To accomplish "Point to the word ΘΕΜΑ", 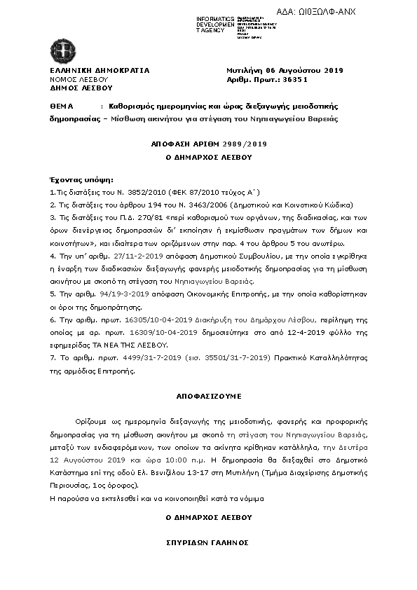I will [62, 106].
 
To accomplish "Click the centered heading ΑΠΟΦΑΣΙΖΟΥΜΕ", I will [208, 396].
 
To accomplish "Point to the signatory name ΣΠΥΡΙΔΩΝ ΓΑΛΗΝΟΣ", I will [208, 543].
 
